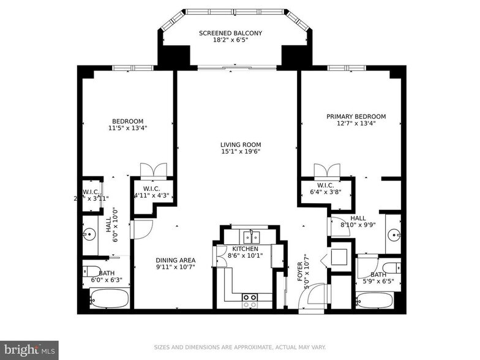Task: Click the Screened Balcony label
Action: (x=231, y=33)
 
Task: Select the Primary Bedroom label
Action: (x=356, y=116)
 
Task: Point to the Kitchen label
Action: (x=243, y=249)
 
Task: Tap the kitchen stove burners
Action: (x=249, y=301)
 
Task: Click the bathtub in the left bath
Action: (x=110, y=299)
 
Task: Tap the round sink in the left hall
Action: (x=89, y=233)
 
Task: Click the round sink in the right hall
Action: (x=396, y=233)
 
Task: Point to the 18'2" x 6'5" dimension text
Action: (x=231, y=40)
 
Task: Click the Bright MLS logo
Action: (x=29, y=350)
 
